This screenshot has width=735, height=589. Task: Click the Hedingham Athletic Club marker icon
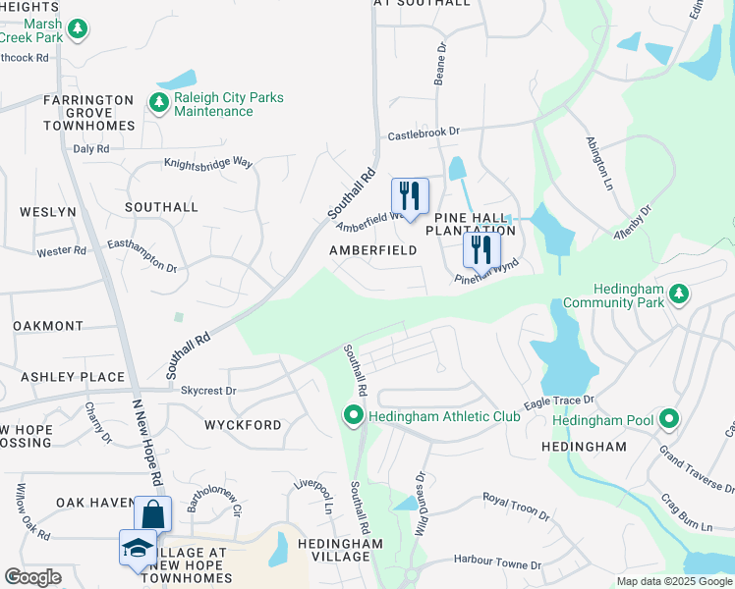click(x=354, y=416)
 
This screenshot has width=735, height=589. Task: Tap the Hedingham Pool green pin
click(x=669, y=420)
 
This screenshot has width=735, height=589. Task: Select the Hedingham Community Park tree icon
click(x=677, y=294)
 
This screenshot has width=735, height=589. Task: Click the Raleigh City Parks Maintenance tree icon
click(x=158, y=103)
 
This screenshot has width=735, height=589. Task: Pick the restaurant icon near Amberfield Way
click(x=410, y=195)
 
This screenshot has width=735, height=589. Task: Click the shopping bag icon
click(x=152, y=513)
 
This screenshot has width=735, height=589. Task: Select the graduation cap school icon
click(x=138, y=548)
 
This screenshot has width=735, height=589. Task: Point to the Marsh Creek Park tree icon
click(x=76, y=28)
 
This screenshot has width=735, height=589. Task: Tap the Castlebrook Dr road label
click(x=424, y=132)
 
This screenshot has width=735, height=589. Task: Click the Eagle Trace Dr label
click(x=559, y=402)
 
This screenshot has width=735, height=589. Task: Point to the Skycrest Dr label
click(x=208, y=390)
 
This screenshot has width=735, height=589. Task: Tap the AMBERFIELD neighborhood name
click(x=372, y=250)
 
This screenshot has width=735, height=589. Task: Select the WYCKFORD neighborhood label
click(x=243, y=425)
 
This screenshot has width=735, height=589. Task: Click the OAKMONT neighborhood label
click(x=48, y=326)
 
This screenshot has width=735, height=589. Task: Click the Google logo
click(x=33, y=577)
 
